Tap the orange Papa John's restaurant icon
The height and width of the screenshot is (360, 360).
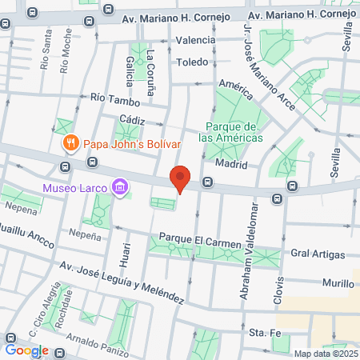point(70,144)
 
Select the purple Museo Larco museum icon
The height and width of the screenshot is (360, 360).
point(120,189)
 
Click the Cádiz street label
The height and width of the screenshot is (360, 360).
point(132,118)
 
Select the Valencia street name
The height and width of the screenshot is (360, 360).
point(195,40)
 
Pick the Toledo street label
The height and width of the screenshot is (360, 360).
point(192,62)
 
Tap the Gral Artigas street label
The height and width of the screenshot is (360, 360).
point(318,254)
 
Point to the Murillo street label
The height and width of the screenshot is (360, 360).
point(338,283)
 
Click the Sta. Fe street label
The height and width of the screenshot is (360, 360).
point(262,331)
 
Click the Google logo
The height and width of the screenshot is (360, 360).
point(26,350)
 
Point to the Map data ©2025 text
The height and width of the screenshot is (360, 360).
point(326,354)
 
